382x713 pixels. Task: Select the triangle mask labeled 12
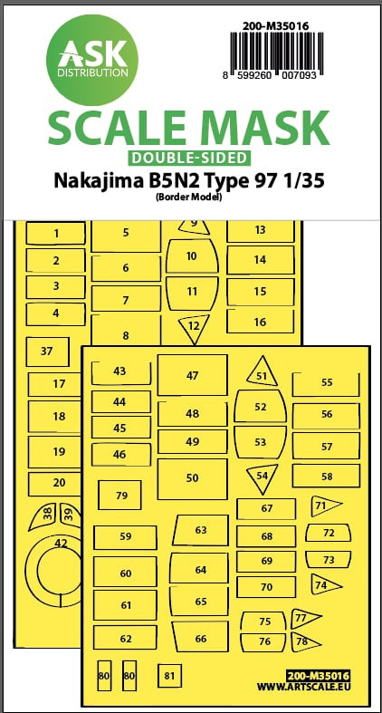[194, 327]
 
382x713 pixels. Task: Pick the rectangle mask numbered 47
[192, 375]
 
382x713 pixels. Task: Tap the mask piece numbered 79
[120, 496]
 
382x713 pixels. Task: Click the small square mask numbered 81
[169, 676]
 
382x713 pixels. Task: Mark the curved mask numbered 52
[261, 407]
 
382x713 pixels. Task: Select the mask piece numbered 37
[47, 352]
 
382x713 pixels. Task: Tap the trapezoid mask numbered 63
[200, 530]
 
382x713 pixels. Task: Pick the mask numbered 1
[55, 234]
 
